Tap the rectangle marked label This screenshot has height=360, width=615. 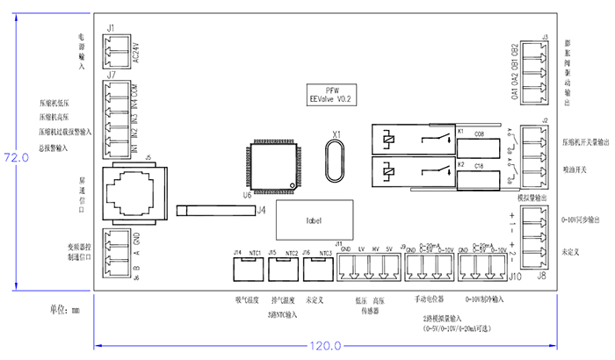click(x=314, y=220)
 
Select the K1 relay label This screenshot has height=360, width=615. click(x=460, y=133)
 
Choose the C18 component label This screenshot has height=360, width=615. click(x=480, y=165)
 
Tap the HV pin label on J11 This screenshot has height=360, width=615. click(x=374, y=250)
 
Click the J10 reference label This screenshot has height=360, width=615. click(x=517, y=276)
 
